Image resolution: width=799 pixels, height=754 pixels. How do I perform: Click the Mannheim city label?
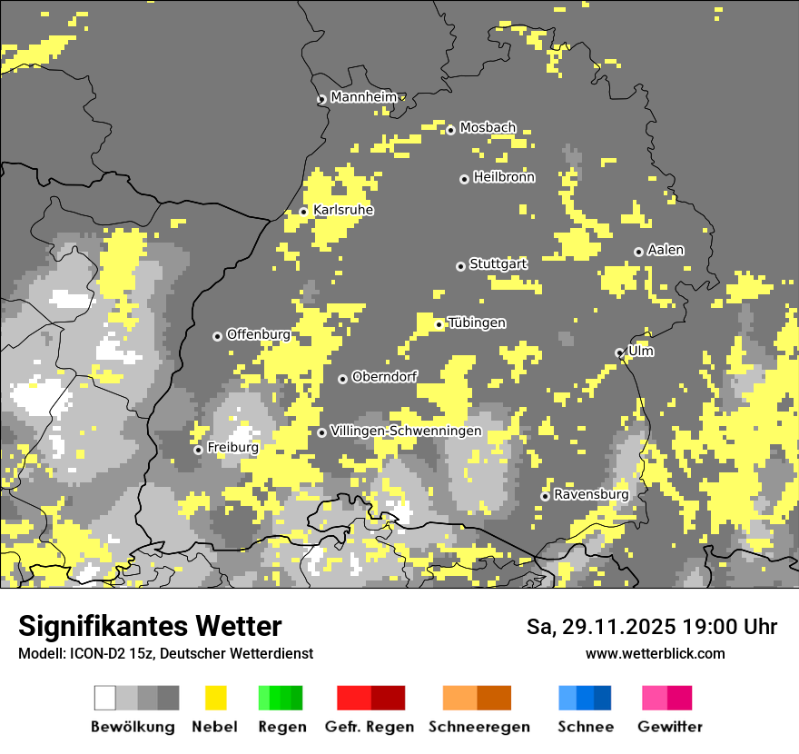coord(363,97)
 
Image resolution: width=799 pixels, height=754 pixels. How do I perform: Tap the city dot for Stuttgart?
coord(460,266)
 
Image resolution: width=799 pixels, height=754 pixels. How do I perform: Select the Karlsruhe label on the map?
coord(343,210)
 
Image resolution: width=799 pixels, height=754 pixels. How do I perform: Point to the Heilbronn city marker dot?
coord(464,179)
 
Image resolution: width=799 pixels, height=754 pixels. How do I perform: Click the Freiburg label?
coord(232,448)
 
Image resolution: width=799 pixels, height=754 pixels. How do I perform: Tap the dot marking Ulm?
coord(619,352)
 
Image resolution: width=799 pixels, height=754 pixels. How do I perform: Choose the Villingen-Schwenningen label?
coord(406,431)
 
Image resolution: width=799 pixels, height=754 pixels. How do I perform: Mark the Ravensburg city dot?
coord(545,496)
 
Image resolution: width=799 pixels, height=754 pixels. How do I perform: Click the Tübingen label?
coord(477,322)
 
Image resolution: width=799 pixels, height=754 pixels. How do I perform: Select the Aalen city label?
coord(666,250)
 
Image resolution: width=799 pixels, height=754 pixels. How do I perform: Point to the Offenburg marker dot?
coord(217,336)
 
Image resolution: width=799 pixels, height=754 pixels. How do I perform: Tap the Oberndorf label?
coord(384,376)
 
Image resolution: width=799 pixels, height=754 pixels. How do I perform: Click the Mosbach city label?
coord(488,128)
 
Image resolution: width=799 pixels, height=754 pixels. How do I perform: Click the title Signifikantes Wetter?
coord(150,627)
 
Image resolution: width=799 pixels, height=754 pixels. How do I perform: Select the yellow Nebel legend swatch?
coord(215,698)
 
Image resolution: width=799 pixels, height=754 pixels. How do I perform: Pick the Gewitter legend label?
coord(670,727)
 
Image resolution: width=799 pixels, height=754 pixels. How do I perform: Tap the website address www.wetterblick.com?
coord(655,653)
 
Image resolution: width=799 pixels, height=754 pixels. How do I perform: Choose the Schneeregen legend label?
coord(479,727)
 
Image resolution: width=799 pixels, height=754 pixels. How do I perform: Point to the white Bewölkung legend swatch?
coord(105,698)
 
